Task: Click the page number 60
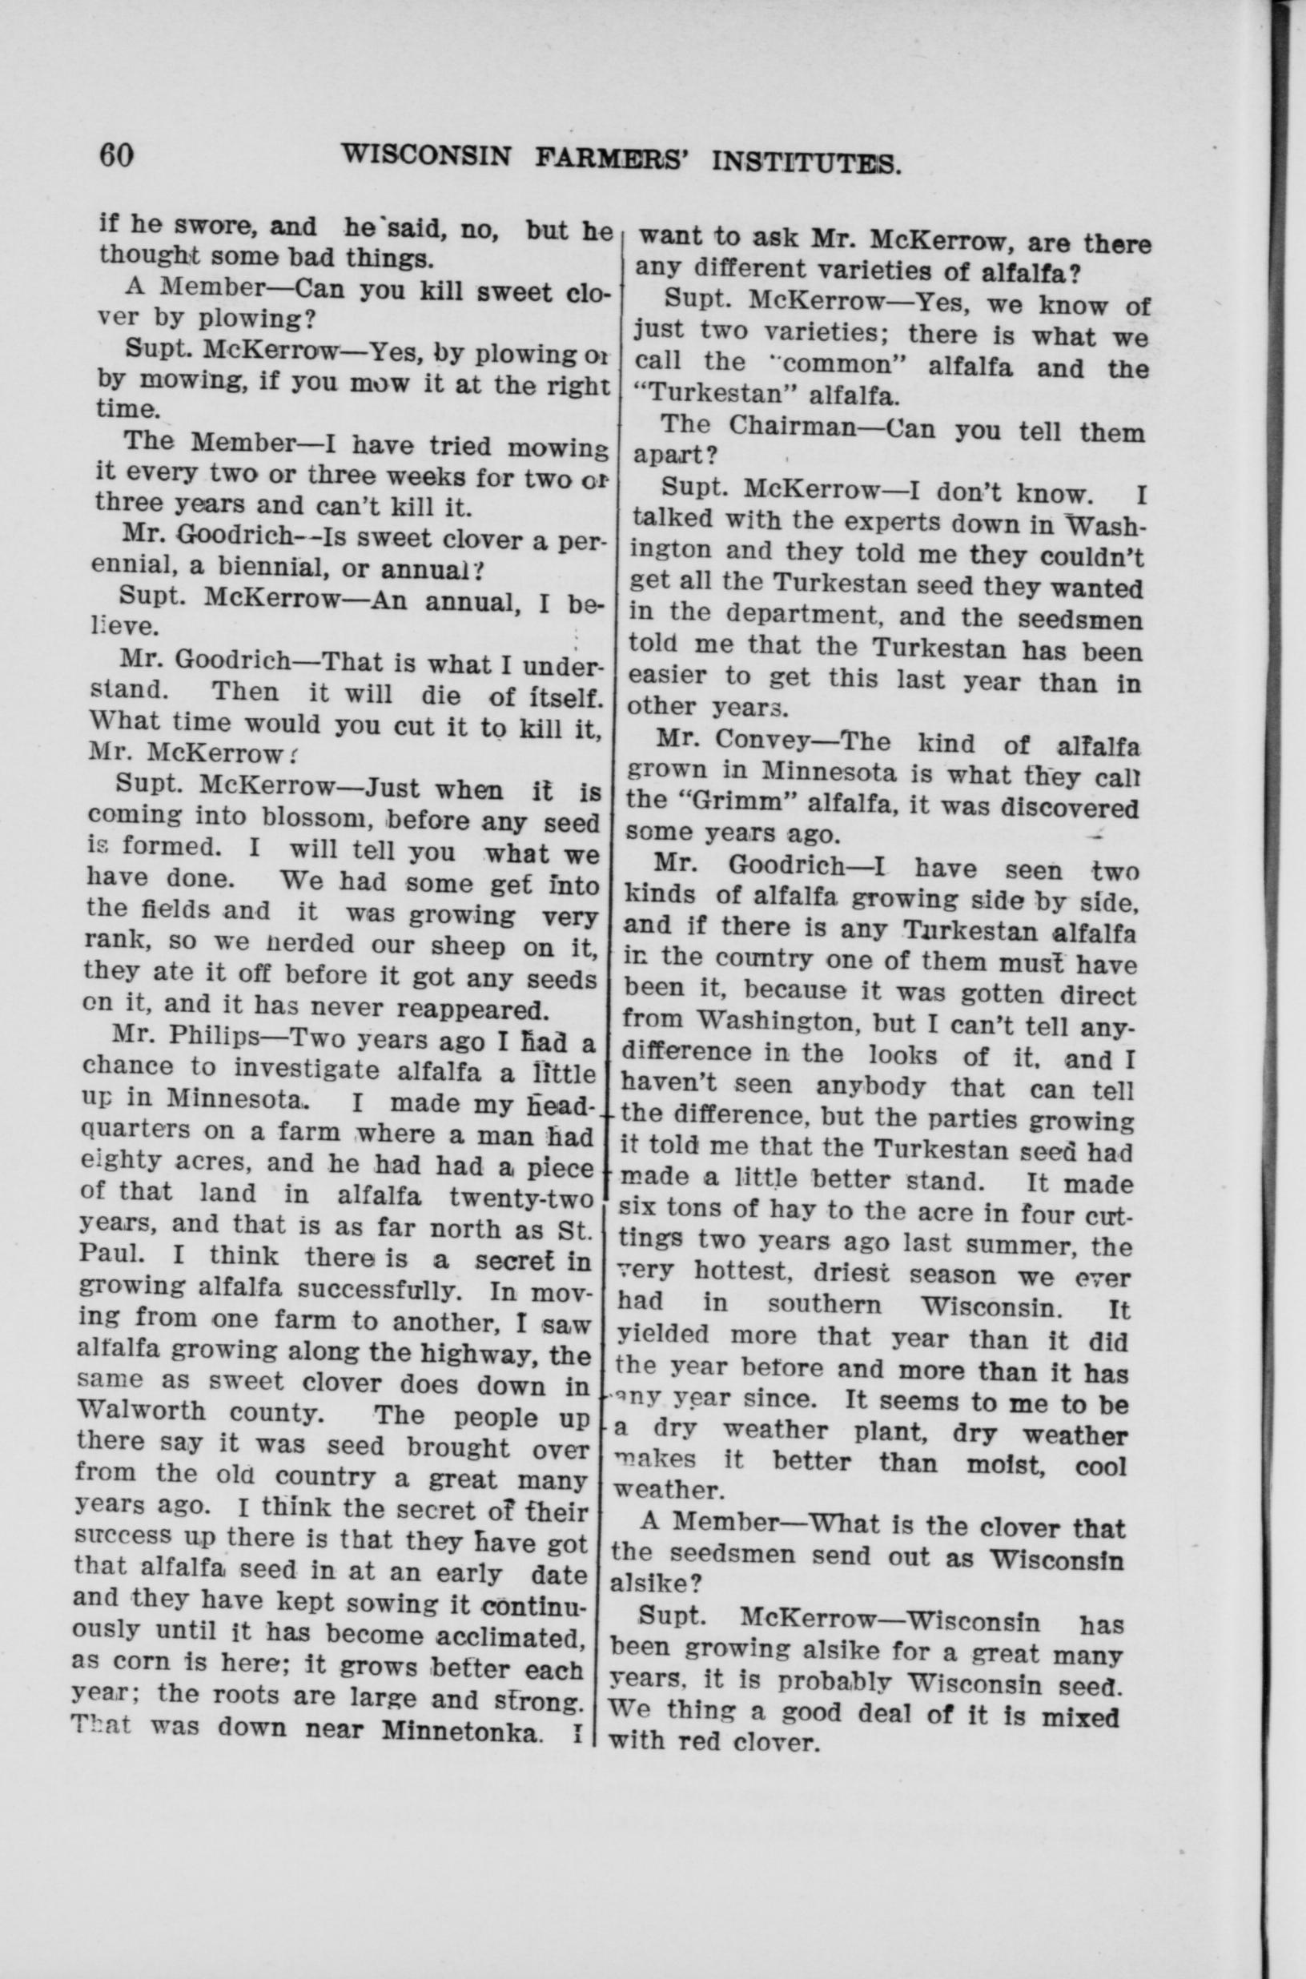click(117, 155)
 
